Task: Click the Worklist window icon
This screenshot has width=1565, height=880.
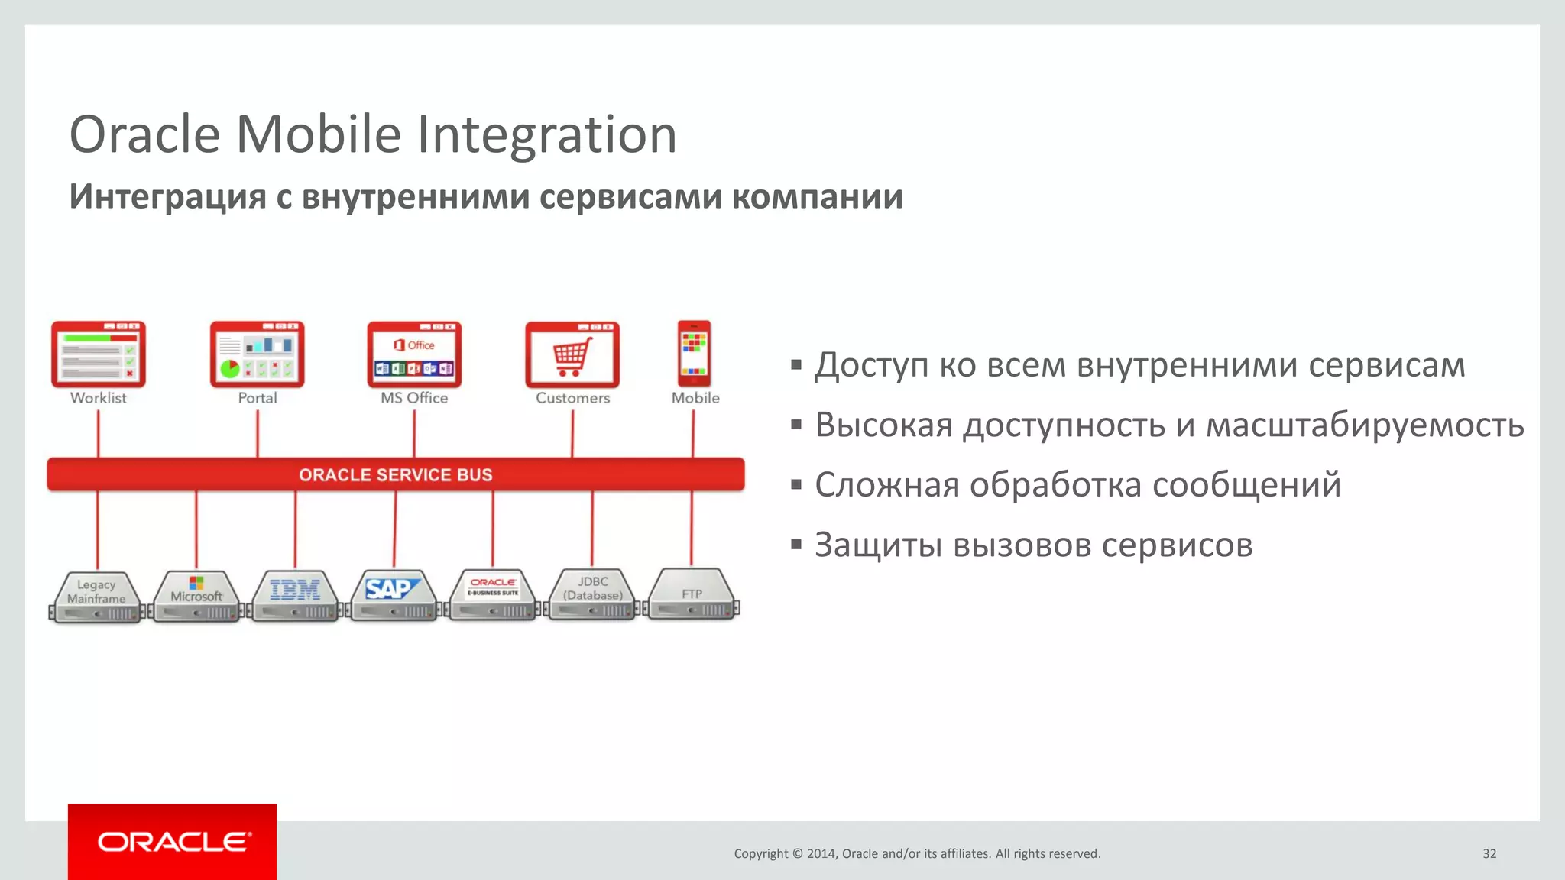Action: (98, 354)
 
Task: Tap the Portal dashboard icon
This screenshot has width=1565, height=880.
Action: (257, 354)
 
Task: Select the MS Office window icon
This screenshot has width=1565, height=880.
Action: (414, 354)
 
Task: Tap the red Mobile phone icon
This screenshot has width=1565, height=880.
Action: (694, 354)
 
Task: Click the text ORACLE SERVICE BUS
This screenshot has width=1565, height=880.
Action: (395, 475)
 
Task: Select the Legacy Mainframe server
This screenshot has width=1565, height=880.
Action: (96, 597)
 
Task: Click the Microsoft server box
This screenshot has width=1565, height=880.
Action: (196, 597)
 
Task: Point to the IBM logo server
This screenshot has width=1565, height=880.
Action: (295, 595)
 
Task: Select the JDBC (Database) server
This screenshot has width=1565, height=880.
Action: (592, 595)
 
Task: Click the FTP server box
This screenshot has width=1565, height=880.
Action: (692, 595)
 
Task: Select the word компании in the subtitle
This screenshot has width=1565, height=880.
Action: (817, 197)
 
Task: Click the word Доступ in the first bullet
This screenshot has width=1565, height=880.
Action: (871, 365)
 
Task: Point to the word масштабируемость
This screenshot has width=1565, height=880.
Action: (1365, 425)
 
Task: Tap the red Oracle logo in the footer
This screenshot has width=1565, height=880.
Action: (173, 842)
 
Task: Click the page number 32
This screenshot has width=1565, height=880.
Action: (1489, 853)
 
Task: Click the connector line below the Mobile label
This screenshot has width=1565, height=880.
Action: (693, 433)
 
